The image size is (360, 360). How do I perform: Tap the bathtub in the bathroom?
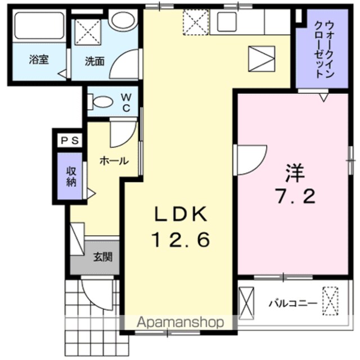click(x=38, y=26)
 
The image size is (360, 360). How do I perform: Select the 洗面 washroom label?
click(x=95, y=61)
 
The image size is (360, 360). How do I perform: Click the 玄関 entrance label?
click(x=102, y=258)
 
